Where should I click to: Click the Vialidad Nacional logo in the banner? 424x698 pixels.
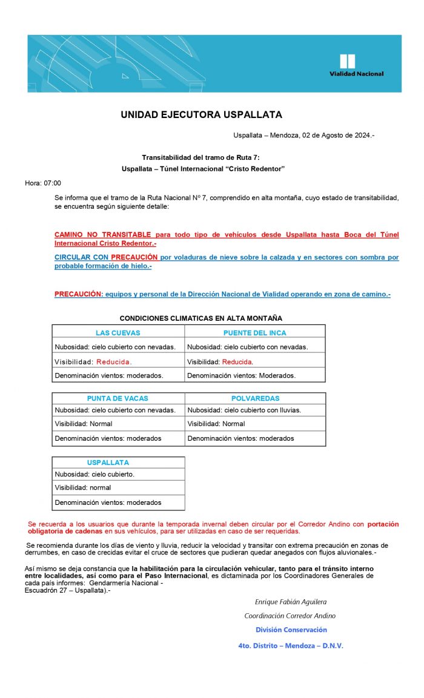pos(356,65)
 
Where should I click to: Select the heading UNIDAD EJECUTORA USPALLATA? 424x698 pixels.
pos(201,114)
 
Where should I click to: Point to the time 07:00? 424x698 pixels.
pos(51,183)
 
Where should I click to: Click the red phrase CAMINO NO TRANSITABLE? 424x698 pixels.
pos(103,234)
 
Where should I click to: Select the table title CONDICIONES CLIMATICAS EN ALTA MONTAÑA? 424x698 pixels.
pos(200,318)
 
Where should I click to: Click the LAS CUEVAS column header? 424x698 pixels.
pos(118,332)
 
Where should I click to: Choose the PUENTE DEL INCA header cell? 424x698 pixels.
pos(254,332)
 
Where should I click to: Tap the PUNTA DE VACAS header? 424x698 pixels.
pos(118,398)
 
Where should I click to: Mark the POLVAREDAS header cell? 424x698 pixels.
pos(255,398)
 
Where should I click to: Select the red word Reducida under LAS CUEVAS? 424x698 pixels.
pos(114,361)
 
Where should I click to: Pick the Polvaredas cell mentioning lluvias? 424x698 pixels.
pos(244,410)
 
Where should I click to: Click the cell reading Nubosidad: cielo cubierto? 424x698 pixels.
pos(94,474)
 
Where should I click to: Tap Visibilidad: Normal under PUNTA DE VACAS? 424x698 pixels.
pos(84,424)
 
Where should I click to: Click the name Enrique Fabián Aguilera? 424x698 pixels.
pos(291,602)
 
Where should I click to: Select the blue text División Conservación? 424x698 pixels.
pos(291,630)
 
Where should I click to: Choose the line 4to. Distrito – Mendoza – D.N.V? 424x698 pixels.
pos(291,645)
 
